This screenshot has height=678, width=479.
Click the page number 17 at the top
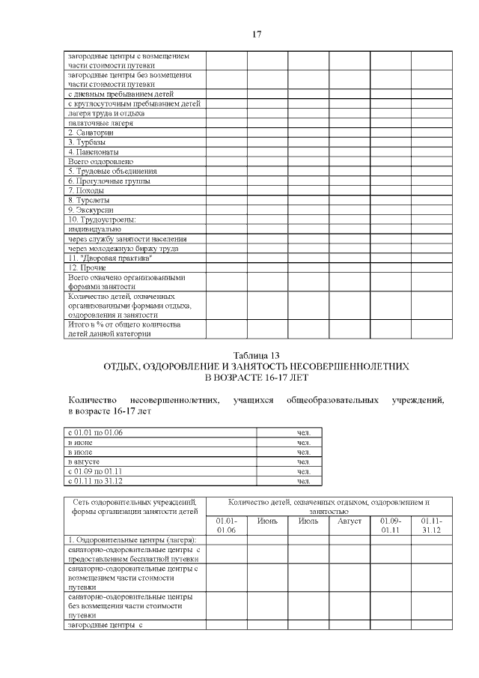pos(256,34)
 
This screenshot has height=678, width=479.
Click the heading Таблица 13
pos(256,355)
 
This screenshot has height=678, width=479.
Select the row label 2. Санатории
pos(91,133)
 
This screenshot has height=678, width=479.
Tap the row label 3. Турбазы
pos(87,142)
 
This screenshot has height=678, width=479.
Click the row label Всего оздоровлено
pos(100,161)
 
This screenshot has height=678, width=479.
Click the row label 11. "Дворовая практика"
pos(110,258)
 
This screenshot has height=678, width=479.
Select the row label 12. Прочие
pos(87,267)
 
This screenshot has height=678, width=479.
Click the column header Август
pos(350,521)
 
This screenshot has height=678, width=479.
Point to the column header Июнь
pos(267,521)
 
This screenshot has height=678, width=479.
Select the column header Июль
pos(308,521)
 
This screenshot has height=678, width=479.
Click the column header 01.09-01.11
pos(390,525)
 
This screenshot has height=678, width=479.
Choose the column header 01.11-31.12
pos(431,525)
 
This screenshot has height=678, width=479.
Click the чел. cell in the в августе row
pos(303,461)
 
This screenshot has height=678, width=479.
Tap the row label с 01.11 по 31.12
pos(95,481)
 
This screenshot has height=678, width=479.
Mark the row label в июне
pos(81,442)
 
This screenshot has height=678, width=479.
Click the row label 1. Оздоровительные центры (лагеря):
pos(132,540)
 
